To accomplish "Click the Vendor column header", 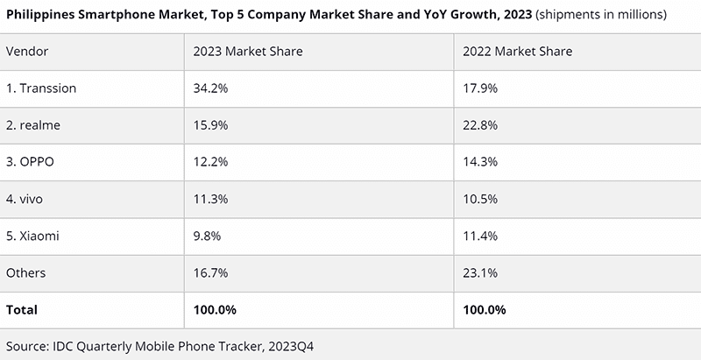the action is (x=27, y=52).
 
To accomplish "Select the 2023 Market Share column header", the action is (x=248, y=52).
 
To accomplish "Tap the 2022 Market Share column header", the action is (x=517, y=52).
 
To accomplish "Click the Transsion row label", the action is (x=41, y=88).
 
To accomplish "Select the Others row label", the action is (x=25, y=272).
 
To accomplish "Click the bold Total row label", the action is (x=21, y=309).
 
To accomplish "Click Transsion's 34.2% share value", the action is (x=210, y=88).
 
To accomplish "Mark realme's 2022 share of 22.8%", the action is (x=480, y=125).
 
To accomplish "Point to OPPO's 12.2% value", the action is (x=210, y=162).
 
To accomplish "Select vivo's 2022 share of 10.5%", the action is (x=480, y=199).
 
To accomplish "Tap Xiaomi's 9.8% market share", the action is (x=207, y=236).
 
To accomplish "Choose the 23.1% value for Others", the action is (x=480, y=272).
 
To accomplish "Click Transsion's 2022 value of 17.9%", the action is (x=480, y=88).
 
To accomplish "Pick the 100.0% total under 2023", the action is (x=215, y=309).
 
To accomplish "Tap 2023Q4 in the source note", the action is (x=290, y=347).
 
